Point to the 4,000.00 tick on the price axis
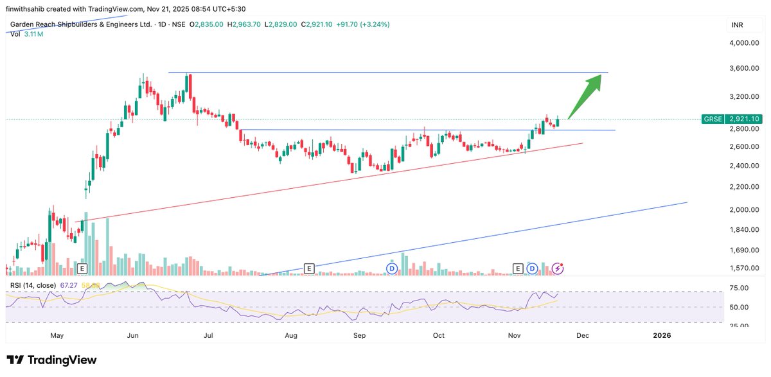[x=745, y=43]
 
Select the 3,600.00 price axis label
[x=745, y=68]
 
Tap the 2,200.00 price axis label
[x=745, y=187]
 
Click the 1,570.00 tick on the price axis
[x=745, y=268]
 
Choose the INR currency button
[x=737, y=25]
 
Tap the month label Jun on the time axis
[x=134, y=335]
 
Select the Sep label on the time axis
[x=360, y=335]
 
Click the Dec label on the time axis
[x=582, y=335]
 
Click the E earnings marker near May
[x=82, y=268]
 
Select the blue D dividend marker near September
[x=391, y=268]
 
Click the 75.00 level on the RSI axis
[x=739, y=288]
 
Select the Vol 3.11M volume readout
[x=27, y=33]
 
